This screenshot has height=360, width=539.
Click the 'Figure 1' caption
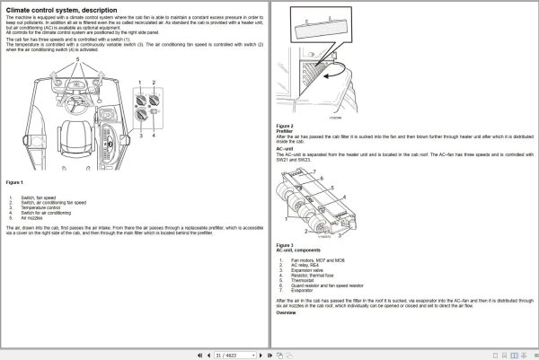click(14, 182)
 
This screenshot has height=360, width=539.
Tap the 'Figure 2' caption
click(285, 126)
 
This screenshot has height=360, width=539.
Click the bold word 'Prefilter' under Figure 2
click(285, 131)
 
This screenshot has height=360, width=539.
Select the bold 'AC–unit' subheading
click(285, 148)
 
